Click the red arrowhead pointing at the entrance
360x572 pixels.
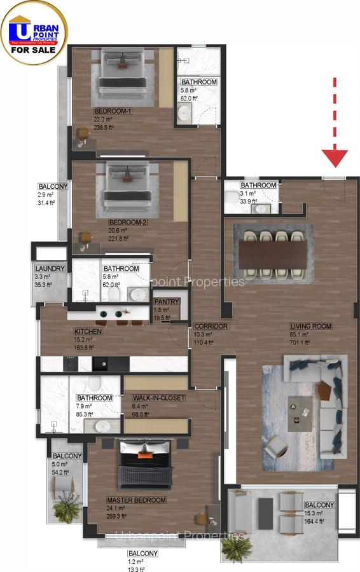pyautogui.click(x=335, y=156)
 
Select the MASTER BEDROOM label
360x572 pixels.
pyautogui.click(x=136, y=500)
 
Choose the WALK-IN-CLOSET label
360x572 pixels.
pyautogui.click(x=159, y=398)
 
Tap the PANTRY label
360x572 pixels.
pyautogui.click(x=167, y=302)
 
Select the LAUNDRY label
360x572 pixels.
pyautogui.click(x=50, y=269)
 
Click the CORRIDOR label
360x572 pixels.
pyautogui.click(x=211, y=326)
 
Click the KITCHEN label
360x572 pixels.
pyautogui.click(x=88, y=332)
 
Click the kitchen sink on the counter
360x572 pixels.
pyautogui.click(x=102, y=364)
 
